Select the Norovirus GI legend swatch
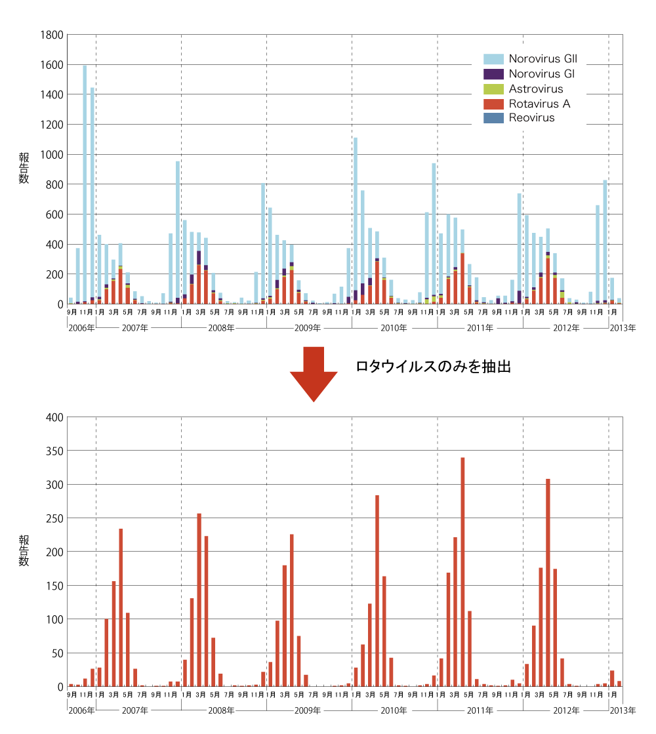coord(493,74)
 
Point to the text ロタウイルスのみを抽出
coord(433,367)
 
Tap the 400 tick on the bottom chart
coord(54,417)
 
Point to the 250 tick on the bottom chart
coord(54,518)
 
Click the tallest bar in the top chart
coord(85,184)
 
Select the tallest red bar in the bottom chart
coord(462,571)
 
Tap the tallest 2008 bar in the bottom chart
coord(199,600)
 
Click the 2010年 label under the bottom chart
coord(394,710)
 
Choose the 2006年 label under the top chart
coord(81,327)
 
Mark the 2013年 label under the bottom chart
coord(623,710)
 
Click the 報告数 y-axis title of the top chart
coord(24,168)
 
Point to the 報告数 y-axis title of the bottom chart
coord(24,551)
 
